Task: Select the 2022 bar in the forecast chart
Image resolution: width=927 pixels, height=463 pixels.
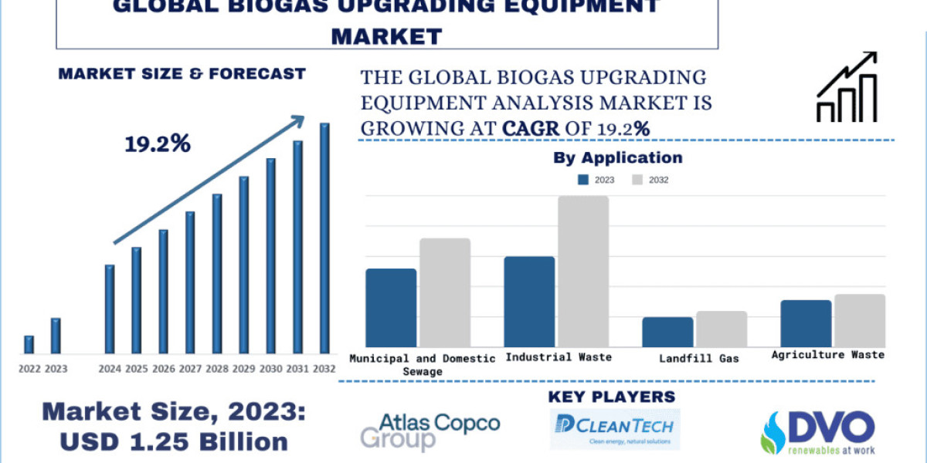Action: tap(29, 344)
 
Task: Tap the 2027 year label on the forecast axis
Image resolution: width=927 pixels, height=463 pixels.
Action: tap(189, 369)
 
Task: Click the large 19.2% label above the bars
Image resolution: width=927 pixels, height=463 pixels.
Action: tap(158, 144)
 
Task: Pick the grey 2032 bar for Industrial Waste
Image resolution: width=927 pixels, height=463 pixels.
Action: tap(583, 271)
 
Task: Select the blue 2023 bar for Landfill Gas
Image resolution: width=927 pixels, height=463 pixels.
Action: tap(667, 332)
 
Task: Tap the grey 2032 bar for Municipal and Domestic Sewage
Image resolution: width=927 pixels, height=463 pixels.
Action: tap(445, 292)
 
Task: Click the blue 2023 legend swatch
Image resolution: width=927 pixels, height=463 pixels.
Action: tap(583, 180)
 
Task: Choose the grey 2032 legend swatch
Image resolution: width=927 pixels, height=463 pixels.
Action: tap(637, 180)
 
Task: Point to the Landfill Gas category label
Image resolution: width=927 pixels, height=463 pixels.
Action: tap(699, 358)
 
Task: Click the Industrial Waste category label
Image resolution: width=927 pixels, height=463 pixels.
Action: tap(558, 357)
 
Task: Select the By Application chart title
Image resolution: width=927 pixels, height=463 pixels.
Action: tap(618, 158)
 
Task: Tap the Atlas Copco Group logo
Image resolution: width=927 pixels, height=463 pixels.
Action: tap(430, 431)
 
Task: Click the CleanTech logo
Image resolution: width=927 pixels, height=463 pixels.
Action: tap(615, 429)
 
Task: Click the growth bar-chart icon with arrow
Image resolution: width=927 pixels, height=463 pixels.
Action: tap(847, 87)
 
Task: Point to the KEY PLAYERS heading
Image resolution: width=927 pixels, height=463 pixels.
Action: tap(611, 397)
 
